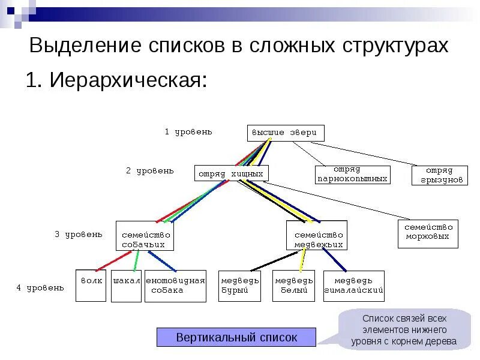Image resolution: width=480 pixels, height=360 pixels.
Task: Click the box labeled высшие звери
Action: [286, 133]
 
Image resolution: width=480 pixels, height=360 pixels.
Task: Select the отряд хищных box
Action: [231, 173]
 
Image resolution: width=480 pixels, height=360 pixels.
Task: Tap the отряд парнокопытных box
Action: [352, 174]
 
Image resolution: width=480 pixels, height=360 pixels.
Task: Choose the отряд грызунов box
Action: [439, 175]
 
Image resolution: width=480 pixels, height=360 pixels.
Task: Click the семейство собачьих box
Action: [145, 235]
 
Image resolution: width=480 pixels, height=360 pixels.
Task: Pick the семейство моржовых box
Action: [428, 233]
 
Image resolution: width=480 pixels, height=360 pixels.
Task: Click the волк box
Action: [91, 286]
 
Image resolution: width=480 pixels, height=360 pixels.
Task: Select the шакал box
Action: [126, 286]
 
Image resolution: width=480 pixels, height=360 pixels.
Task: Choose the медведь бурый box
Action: [240, 286]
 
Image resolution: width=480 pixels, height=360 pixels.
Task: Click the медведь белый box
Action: [294, 286]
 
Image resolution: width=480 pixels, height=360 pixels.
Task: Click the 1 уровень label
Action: [188, 131]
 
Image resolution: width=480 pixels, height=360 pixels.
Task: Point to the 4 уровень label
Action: [40, 287]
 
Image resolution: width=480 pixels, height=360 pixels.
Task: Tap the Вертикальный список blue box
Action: [236, 337]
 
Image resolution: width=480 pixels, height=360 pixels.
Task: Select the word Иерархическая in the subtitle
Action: [127, 80]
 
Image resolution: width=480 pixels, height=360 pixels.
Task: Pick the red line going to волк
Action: [114, 260]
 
